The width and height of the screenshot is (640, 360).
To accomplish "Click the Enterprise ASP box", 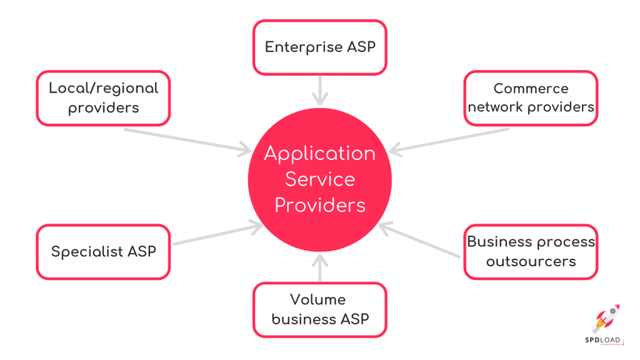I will pyautogui.click(x=319, y=47).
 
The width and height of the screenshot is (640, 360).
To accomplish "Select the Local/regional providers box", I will pyautogui.click(x=103, y=98).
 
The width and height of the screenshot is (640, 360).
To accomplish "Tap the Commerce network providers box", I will pyautogui.click(x=531, y=98).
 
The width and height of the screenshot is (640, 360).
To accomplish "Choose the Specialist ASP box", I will pyautogui.click(x=103, y=252).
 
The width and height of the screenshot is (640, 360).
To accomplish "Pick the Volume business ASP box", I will pyautogui.click(x=319, y=310).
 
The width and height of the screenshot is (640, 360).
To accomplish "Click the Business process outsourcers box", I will pyautogui.click(x=531, y=252).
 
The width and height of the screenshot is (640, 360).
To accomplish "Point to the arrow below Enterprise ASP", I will pyautogui.click(x=319, y=90).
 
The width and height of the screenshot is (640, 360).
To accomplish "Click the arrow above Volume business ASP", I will pyautogui.click(x=319, y=267).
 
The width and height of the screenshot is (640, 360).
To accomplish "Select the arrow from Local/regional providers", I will pyautogui.click(x=187, y=140).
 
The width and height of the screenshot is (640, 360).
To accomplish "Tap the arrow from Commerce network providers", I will pyautogui.click(x=450, y=140).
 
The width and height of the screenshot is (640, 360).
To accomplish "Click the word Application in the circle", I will pyautogui.click(x=319, y=154).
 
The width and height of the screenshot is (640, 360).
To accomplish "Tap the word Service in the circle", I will pyautogui.click(x=319, y=179).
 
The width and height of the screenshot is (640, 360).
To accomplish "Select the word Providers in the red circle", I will pyautogui.click(x=319, y=205).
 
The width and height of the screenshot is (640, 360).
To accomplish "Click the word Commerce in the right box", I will pyautogui.click(x=531, y=89).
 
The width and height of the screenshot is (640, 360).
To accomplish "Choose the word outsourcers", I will pyautogui.click(x=531, y=261).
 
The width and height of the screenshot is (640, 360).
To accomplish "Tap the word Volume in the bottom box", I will pyautogui.click(x=317, y=300).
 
